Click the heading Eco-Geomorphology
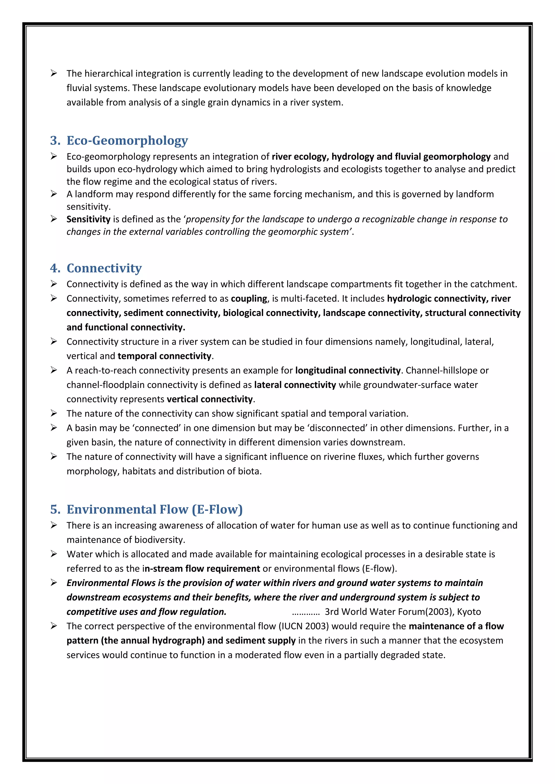[127, 140]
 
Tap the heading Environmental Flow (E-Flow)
[154, 509]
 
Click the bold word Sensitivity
[88, 219]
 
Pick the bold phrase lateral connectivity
[295, 385]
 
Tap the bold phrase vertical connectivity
[209, 399]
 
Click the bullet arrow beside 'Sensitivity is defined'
[54, 219]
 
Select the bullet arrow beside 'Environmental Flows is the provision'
[54, 583]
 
